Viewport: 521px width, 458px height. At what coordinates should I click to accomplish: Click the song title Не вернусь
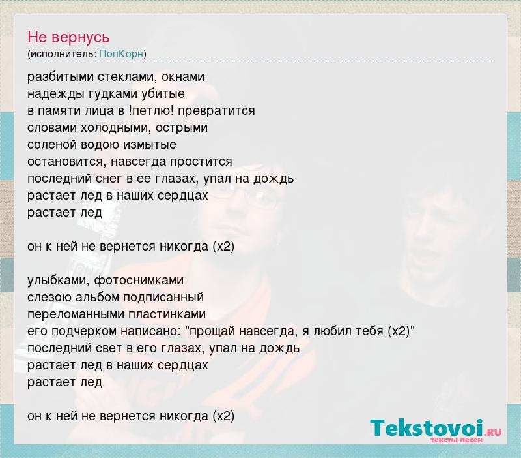pyautogui.click(x=68, y=37)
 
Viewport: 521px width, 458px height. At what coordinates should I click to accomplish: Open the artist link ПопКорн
pyautogui.click(x=121, y=53)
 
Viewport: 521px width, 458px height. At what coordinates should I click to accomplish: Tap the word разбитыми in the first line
pyautogui.click(x=61, y=77)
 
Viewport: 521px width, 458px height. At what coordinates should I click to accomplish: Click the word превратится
pyautogui.click(x=217, y=111)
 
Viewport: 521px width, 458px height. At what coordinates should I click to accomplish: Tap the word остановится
pyautogui.click(x=67, y=162)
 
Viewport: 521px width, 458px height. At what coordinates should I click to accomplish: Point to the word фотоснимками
pyautogui.click(x=139, y=281)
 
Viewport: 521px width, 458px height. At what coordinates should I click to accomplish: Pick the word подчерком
pyautogui.click(x=84, y=331)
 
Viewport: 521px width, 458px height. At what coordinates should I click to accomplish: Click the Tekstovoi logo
pyautogui.click(x=436, y=428)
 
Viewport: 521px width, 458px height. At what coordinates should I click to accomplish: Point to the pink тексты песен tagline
pyautogui.click(x=457, y=440)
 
